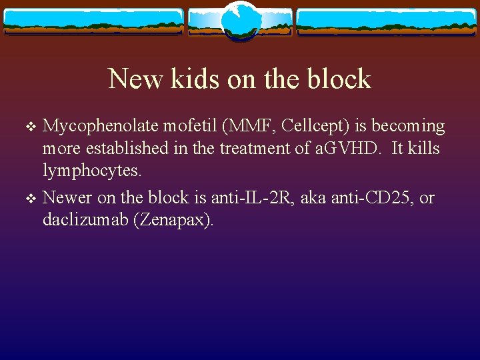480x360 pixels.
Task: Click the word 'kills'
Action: [x=425, y=149]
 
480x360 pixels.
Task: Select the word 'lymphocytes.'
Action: [x=92, y=171]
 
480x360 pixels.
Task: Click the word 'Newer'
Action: [x=68, y=197]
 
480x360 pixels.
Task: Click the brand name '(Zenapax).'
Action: [x=175, y=220]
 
